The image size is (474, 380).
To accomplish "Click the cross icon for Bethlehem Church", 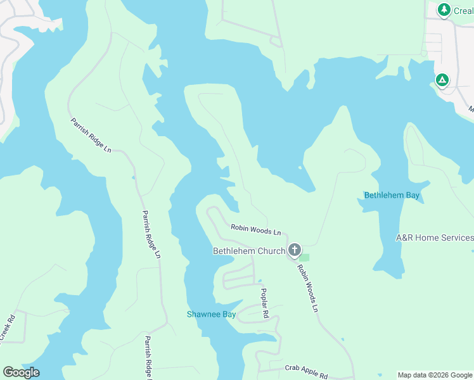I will pos(294,250).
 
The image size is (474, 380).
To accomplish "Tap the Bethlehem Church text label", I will pos(249,251).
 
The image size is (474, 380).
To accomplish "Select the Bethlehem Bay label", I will pos(392,195).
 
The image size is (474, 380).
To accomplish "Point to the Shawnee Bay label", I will pos(211,314).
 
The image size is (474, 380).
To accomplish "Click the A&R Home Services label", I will pos(435,237).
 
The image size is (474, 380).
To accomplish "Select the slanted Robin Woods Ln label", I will pos(307,288).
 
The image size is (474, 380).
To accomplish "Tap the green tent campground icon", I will pos(442,80).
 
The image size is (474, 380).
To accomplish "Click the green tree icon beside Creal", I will pos(444,9).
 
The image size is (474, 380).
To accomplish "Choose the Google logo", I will pos(21,372).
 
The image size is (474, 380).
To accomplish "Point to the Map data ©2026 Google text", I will pos(435,376).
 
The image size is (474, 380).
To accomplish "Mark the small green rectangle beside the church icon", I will pos(305,257).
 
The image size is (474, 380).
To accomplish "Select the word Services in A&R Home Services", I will pos(454,237).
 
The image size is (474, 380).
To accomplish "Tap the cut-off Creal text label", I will pos(464,11).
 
